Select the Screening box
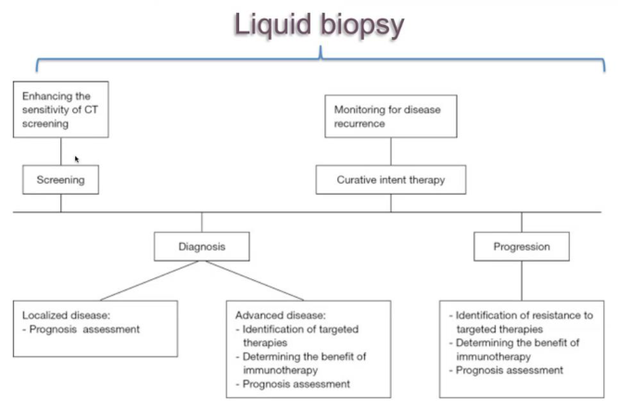[x=61, y=180]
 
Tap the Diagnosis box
[x=202, y=246]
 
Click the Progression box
[x=522, y=246]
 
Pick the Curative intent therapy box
[x=391, y=180]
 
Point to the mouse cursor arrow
[x=77, y=159]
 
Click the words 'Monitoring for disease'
[x=387, y=109]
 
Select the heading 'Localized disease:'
[x=66, y=315]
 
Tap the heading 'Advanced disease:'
[x=281, y=315]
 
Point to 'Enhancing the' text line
[x=56, y=96]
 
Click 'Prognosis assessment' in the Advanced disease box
[x=296, y=384]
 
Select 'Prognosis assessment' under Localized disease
[x=84, y=329]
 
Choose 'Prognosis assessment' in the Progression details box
[x=510, y=370]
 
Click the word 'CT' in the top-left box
[x=91, y=109]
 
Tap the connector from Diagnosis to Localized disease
[x=149, y=280]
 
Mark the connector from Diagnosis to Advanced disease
[x=255, y=280]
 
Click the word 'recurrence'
[x=359, y=123]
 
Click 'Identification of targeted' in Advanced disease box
[x=300, y=329]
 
